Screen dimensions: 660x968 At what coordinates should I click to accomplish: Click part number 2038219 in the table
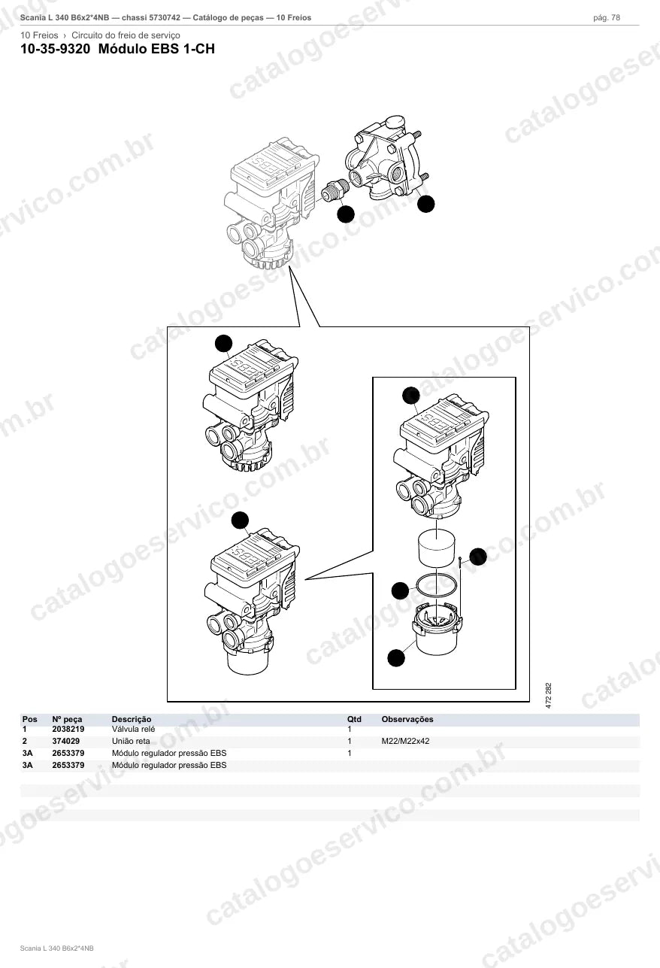pyautogui.click(x=68, y=729)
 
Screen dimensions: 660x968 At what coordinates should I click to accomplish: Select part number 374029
pyautogui.click(x=65, y=741)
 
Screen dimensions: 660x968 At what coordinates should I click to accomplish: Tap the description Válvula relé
pyautogui.click(x=133, y=729)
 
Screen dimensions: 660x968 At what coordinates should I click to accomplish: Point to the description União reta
pyautogui.click(x=131, y=741)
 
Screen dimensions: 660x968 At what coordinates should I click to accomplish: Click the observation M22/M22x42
pyautogui.click(x=405, y=741)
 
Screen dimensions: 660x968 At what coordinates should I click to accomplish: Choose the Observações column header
pyautogui.click(x=407, y=719)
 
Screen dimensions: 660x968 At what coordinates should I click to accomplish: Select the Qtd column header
pyautogui.click(x=354, y=719)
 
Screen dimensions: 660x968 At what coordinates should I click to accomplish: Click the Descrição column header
pyautogui.click(x=132, y=719)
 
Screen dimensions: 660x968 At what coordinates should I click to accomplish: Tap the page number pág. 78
pyautogui.click(x=607, y=18)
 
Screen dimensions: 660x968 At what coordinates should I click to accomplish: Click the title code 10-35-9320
pyautogui.click(x=56, y=49)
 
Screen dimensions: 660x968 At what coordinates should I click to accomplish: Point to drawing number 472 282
pyautogui.click(x=549, y=695)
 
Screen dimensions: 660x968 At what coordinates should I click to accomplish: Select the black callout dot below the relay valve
pyautogui.click(x=426, y=204)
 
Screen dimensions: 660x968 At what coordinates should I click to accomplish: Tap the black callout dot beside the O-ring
pyautogui.click(x=400, y=590)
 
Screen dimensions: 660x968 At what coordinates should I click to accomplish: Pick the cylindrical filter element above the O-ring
pyautogui.click(x=437, y=548)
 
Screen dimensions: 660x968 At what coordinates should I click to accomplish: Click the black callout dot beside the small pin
pyautogui.click(x=478, y=557)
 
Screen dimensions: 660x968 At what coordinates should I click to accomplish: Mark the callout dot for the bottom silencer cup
pyautogui.click(x=396, y=658)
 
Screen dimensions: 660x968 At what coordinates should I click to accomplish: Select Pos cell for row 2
pyautogui.click(x=25, y=741)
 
